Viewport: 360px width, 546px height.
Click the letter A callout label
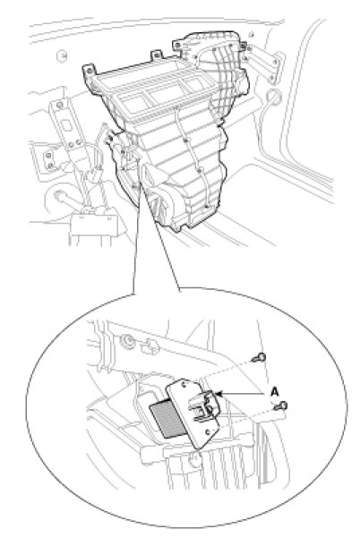point(275,392)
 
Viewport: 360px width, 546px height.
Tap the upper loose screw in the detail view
point(261,357)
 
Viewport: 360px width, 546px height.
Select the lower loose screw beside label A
point(281,406)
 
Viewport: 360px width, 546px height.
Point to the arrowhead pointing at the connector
point(219,394)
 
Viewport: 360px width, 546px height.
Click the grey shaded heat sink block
point(168,419)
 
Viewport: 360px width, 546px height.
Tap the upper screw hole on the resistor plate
point(183,384)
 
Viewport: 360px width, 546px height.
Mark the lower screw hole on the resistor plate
point(208,432)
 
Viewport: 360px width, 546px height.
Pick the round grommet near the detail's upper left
point(126,340)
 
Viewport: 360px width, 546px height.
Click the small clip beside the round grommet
point(149,346)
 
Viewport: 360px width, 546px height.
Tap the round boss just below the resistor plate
point(193,461)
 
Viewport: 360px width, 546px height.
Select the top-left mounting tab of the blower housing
point(89,71)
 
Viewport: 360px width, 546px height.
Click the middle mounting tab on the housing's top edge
point(157,55)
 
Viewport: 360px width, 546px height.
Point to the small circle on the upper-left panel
point(62,55)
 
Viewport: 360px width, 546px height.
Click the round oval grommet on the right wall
point(273,97)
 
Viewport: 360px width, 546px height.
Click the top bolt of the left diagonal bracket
point(60,105)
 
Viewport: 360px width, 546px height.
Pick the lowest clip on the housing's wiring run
point(207,207)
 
